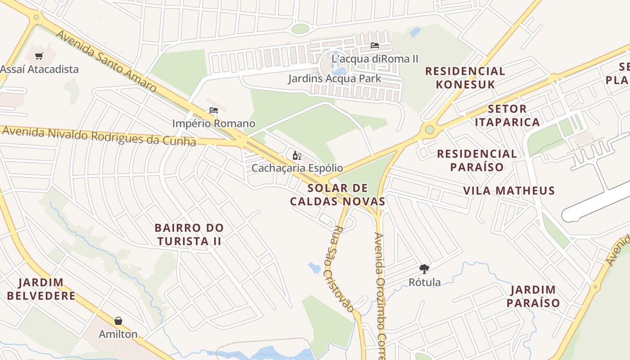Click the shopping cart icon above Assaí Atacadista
point(40,56)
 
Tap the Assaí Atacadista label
point(39,69)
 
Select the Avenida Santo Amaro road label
point(106,60)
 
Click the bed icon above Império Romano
point(214,110)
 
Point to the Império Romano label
point(214,123)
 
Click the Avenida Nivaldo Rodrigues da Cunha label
point(99,136)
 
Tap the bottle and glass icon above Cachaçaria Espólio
point(297,156)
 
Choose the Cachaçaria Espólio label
point(297,168)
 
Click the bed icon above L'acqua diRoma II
point(374,45)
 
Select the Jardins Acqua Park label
point(334,78)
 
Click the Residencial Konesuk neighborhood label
point(465,77)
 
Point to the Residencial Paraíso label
point(477,160)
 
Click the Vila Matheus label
point(509,190)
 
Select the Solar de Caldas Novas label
point(337,194)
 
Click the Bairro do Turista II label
point(189,234)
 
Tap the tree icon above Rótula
point(424,269)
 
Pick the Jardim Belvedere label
point(41,289)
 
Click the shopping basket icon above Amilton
point(118,321)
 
